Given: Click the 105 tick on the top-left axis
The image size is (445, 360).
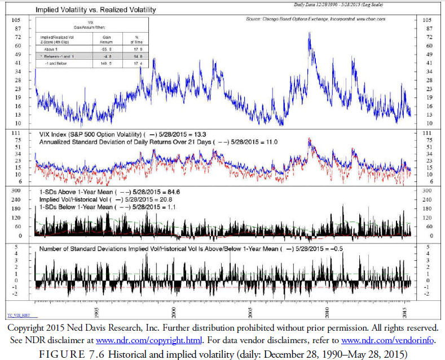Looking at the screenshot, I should click(x=17, y=20).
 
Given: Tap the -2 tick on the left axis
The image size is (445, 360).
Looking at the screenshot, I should click(x=19, y=294).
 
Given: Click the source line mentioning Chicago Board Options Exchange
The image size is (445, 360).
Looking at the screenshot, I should click(x=316, y=19).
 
